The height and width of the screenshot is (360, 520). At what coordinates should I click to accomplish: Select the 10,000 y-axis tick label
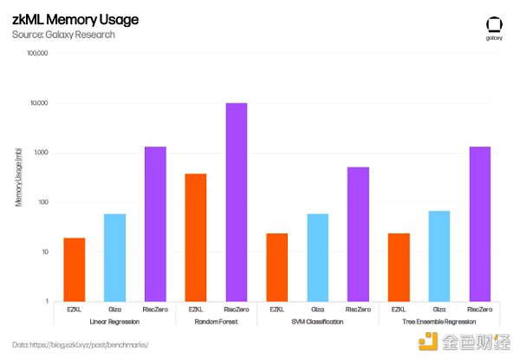click(38, 103)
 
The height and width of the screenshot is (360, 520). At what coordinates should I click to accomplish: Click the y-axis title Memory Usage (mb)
click(18, 178)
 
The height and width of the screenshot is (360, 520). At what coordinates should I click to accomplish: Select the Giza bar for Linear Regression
click(114, 258)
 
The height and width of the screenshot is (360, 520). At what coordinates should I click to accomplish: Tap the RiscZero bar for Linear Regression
click(155, 224)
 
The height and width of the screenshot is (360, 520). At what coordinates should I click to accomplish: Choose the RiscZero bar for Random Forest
click(237, 202)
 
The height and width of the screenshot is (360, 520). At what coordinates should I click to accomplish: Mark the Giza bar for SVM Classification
click(317, 258)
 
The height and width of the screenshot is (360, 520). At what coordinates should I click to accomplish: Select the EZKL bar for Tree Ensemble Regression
click(399, 267)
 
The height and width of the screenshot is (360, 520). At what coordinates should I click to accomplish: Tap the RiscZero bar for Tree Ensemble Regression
click(480, 224)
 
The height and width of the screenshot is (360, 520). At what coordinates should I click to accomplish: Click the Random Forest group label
click(216, 322)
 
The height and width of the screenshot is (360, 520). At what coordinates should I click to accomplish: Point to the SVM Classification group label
click(317, 322)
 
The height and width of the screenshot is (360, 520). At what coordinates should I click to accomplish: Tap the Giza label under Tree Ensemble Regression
click(439, 309)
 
